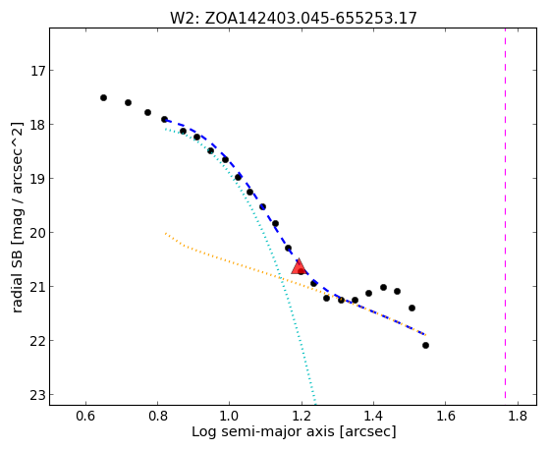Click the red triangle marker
point(299,267)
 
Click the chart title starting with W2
point(294,19)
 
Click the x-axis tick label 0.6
point(85,416)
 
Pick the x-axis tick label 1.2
point(302,416)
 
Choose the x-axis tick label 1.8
point(518,416)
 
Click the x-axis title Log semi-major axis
point(262,431)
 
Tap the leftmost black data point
point(103,98)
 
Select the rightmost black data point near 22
point(425,346)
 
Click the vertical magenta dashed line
point(505,214)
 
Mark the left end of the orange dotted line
point(165,234)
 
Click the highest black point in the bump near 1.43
point(383,287)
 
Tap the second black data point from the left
point(128,102)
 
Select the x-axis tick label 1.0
point(230,416)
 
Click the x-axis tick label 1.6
point(445,416)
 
